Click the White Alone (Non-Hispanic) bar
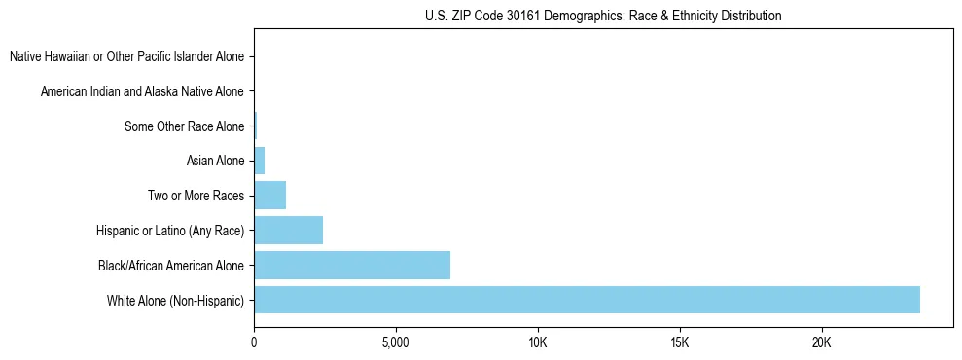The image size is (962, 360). pos(587,300)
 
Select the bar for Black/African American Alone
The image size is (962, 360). pos(352,265)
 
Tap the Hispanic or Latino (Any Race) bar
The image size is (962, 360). pos(288,231)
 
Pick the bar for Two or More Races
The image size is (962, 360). pos(269,196)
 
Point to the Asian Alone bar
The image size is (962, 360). pos(259,161)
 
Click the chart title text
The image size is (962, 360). pos(603,16)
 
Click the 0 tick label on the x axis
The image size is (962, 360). pos(254,343)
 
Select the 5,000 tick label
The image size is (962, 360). pos(396,343)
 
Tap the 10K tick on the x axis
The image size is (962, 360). pos(538,343)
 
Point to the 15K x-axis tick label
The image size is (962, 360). pos(680,343)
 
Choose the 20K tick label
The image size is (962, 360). pos(822,343)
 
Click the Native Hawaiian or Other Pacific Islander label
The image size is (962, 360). pos(126,56)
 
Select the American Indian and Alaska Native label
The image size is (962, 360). pos(142,91)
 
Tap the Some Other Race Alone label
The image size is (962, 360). pos(184,126)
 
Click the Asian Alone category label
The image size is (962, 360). pos(215,161)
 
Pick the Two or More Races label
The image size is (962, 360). pos(196,196)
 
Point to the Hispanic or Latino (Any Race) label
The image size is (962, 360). pos(170,231)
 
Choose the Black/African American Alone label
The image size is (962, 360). pos(171,265)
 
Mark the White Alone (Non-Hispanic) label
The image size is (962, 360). pos(176,300)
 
